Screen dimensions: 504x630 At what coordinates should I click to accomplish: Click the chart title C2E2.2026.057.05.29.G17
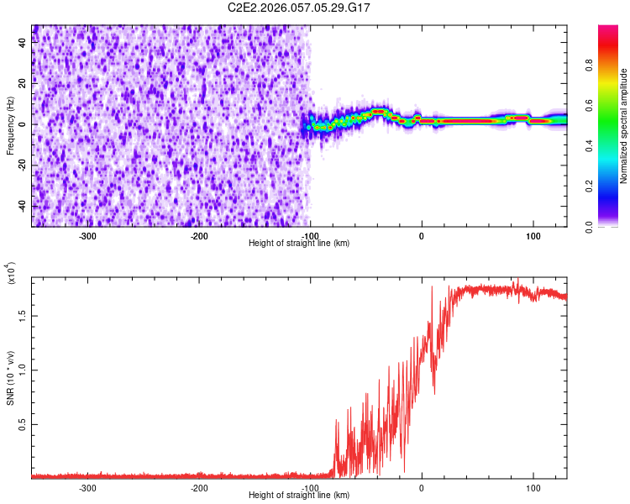pos(299,8)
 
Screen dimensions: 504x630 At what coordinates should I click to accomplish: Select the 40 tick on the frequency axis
pos(24,44)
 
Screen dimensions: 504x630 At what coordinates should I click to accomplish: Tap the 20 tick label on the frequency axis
pos(24,84)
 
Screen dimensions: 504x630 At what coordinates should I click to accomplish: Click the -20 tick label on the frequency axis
pos(22,165)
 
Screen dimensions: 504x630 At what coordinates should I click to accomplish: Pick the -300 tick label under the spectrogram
pos(87,236)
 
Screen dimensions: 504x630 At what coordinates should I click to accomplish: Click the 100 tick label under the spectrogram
pos(533,236)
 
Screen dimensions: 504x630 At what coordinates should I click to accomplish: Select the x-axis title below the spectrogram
pos(299,244)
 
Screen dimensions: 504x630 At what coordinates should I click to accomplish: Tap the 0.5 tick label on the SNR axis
pos(22,426)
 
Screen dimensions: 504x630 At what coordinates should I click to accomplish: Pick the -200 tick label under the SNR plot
pos(199,487)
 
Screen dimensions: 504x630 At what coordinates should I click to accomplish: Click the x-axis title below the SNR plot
pos(299,496)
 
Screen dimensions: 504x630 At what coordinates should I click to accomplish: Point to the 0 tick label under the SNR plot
pos(422,487)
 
